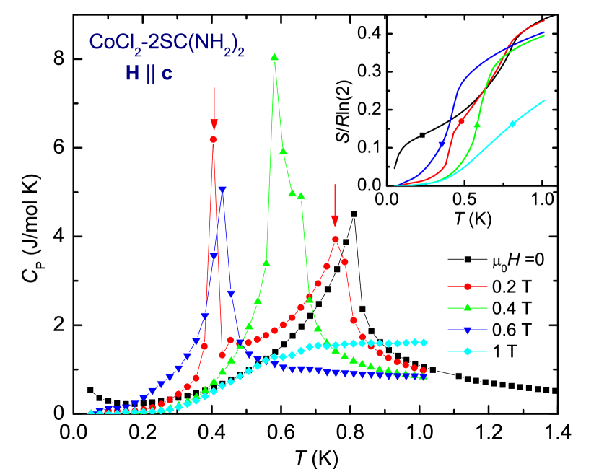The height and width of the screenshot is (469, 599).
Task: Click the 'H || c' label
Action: tap(149, 73)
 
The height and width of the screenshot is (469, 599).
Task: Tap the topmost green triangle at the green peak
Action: tap(274, 56)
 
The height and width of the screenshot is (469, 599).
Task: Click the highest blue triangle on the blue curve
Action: tap(222, 190)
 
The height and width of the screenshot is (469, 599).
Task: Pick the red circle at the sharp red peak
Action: tap(213, 139)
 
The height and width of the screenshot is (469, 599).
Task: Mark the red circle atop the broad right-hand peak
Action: tap(336, 239)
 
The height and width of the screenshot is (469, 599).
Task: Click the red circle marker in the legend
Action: tap(468, 286)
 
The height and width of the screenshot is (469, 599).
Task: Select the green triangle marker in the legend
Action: tap(468, 307)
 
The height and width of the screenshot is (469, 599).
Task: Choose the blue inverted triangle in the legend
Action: tap(468, 330)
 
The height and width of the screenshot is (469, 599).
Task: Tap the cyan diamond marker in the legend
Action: tap(468, 351)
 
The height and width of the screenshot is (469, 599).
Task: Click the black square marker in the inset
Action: tap(422, 135)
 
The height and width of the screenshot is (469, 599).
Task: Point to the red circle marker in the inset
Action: tap(461, 121)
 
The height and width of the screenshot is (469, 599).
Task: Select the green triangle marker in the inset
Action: tap(477, 124)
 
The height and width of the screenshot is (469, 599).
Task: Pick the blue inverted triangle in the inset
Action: tap(442, 145)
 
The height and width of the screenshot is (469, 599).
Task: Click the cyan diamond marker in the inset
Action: tap(512, 124)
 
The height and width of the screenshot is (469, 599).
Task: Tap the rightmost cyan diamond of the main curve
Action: tap(424, 341)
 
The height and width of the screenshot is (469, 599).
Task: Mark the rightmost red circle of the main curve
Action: tap(423, 371)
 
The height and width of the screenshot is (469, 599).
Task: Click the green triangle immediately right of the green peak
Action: tap(283, 151)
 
